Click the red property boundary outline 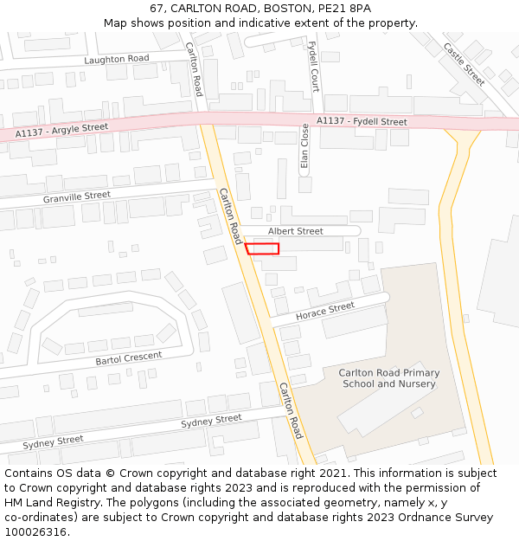(262, 248)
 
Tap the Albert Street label (295, 231)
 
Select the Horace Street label (325, 311)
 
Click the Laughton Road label (117, 59)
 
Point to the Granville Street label (77, 197)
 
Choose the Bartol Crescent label (128, 357)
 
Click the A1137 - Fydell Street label (362, 122)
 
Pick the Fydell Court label (314, 67)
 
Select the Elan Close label (304, 145)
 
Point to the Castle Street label (465, 65)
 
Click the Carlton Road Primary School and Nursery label (389, 378)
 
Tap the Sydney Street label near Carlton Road (211, 421)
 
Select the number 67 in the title (156, 9)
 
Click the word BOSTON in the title (285, 9)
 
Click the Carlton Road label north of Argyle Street (194, 69)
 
